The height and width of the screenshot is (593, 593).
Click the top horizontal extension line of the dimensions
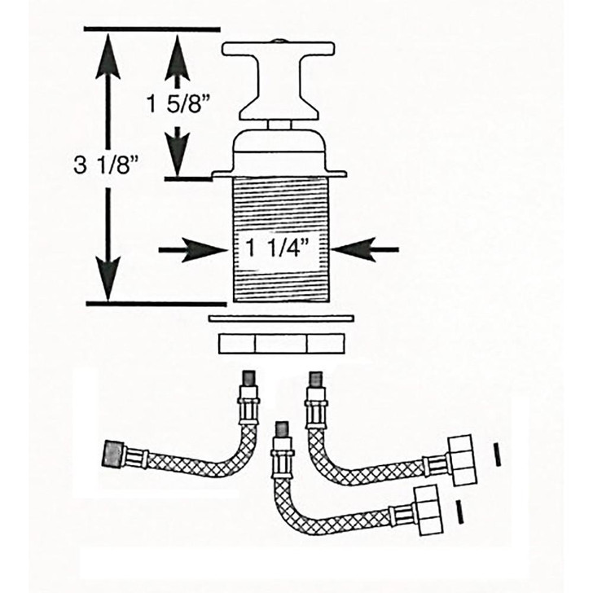coord(151,30)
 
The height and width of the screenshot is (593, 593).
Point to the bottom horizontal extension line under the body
coord(155,304)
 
